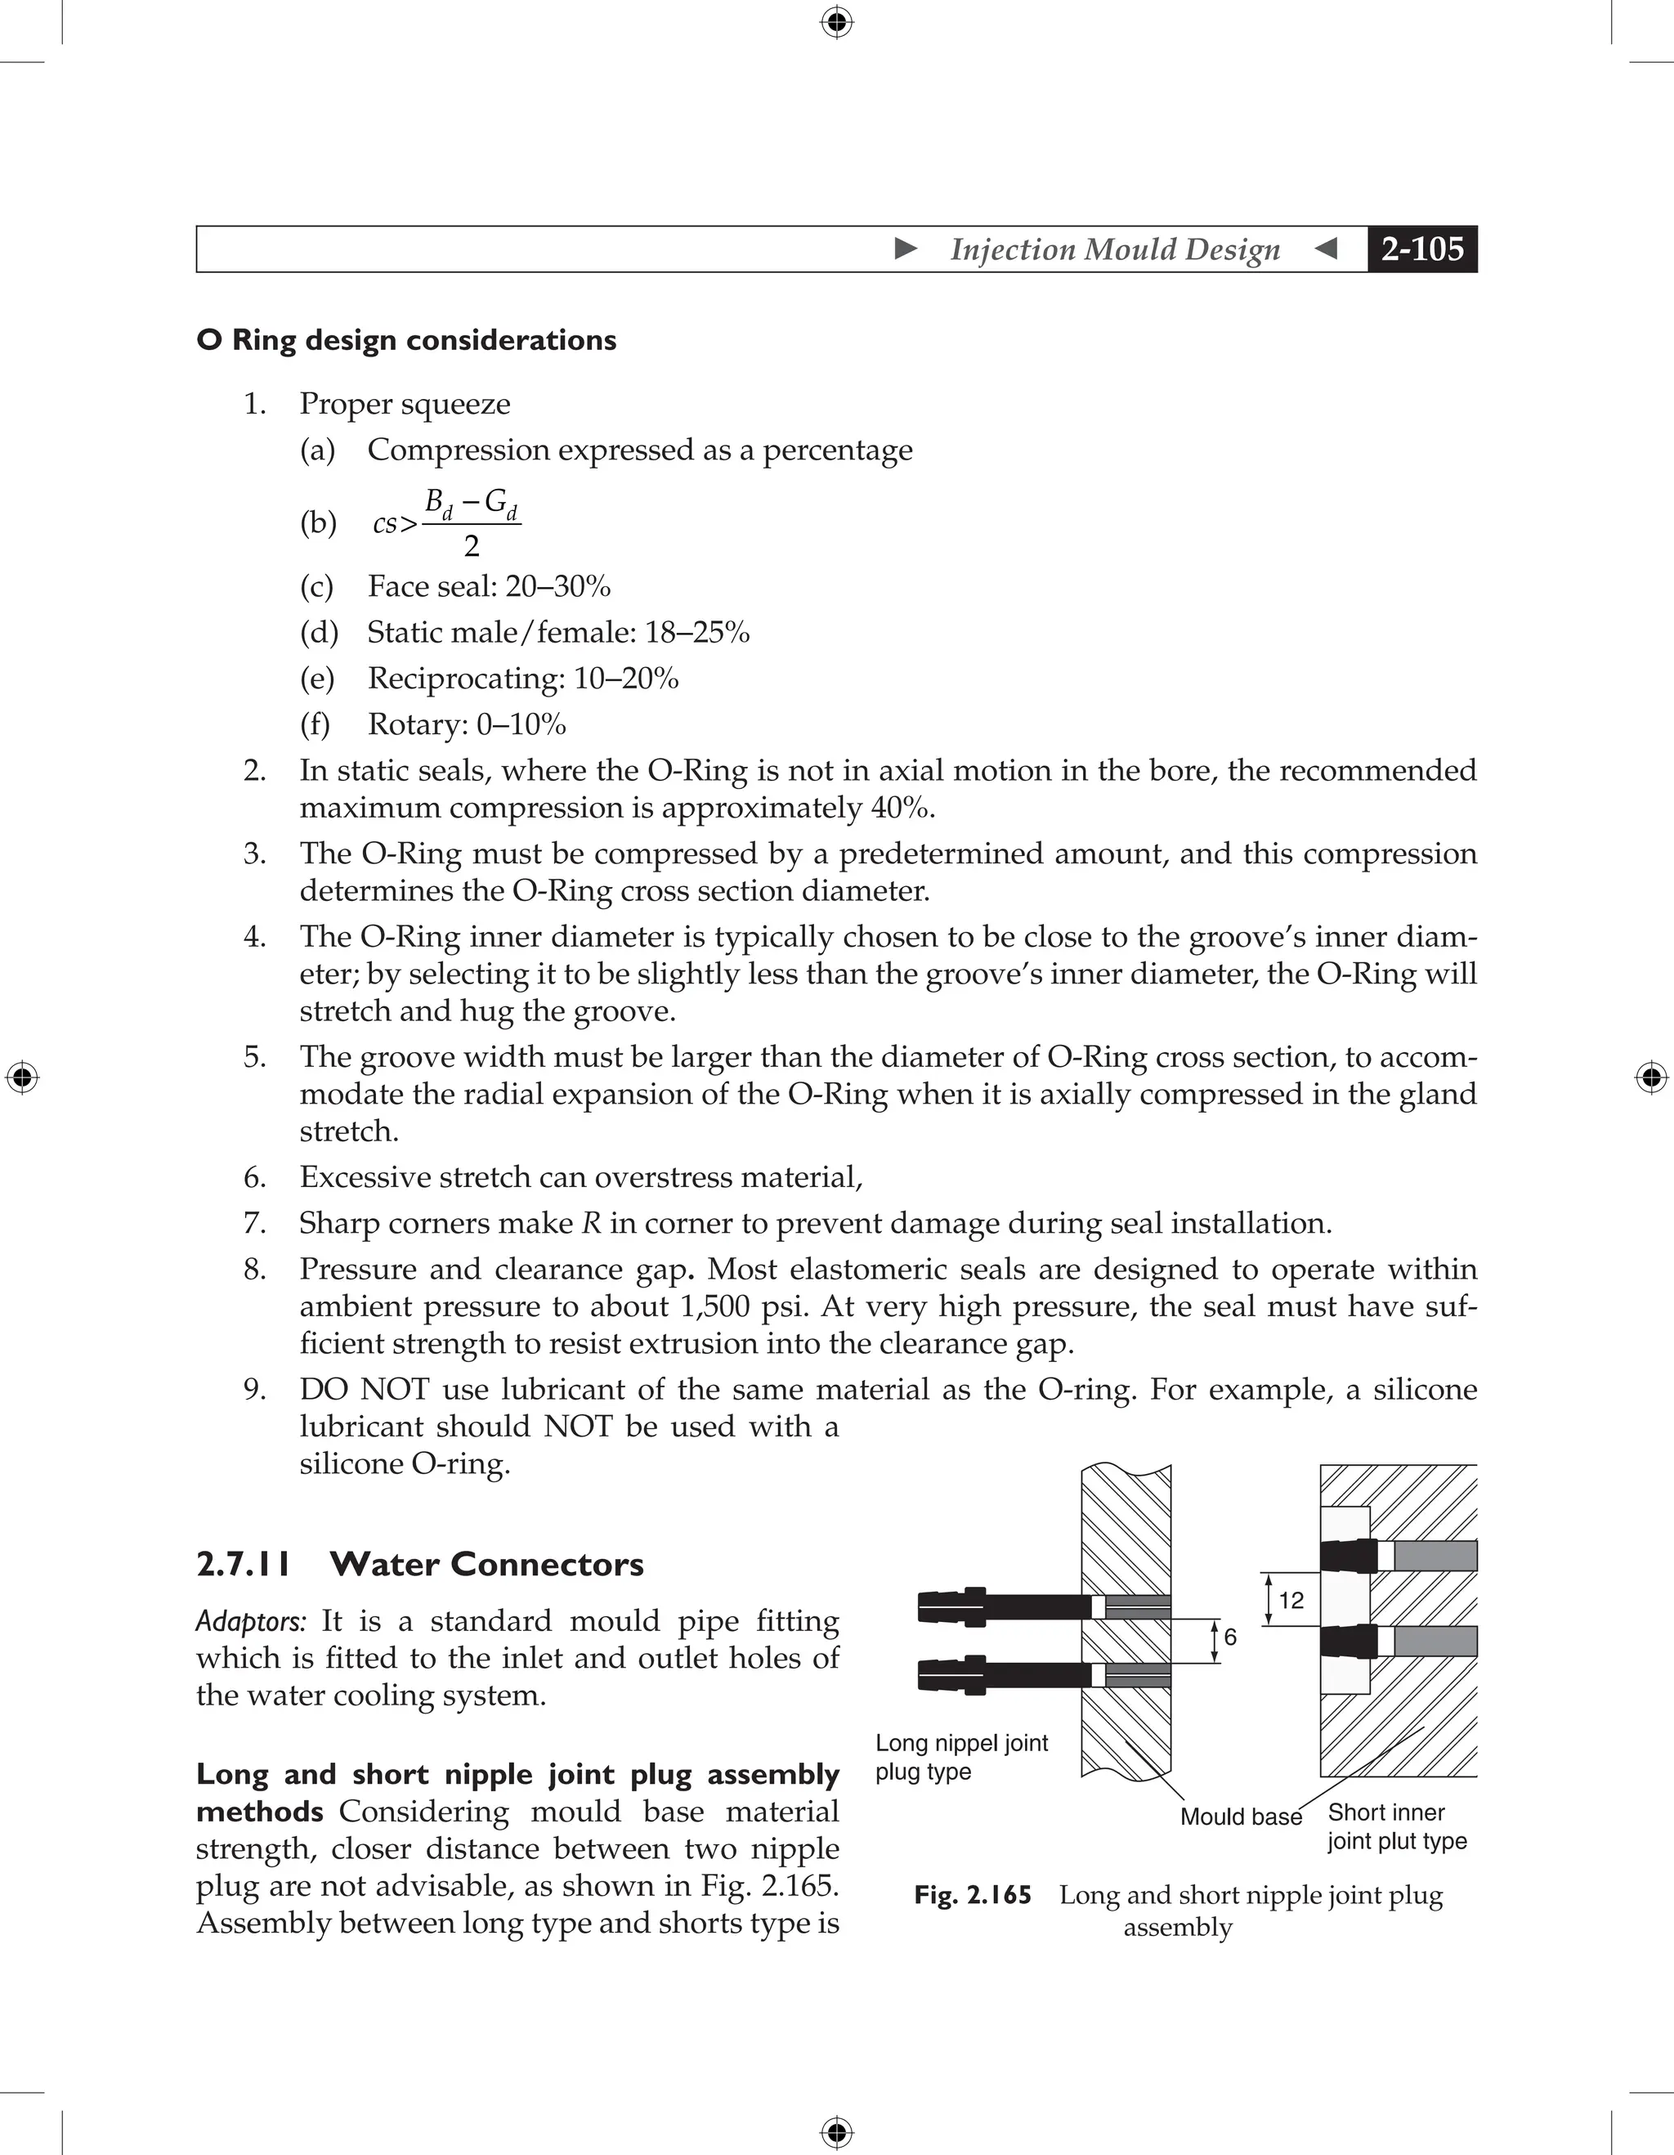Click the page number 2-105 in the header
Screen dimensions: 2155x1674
tap(1421, 249)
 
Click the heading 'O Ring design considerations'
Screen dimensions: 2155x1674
tap(406, 340)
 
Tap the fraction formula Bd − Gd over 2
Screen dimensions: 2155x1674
tap(471, 523)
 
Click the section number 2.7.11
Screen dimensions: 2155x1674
tap(243, 1565)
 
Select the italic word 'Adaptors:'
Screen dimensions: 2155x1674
tap(252, 1621)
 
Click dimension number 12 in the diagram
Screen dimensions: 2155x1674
tap(1291, 1601)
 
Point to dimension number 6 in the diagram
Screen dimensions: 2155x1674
tap(1230, 1637)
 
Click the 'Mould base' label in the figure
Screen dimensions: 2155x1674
tap(1240, 1817)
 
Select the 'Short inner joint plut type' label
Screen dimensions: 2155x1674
tap(1396, 1826)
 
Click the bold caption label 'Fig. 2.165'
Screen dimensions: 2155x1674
tap(972, 1896)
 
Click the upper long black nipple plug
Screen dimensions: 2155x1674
tap(1006, 1606)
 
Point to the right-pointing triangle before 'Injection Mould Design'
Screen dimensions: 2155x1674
tap(906, 249)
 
